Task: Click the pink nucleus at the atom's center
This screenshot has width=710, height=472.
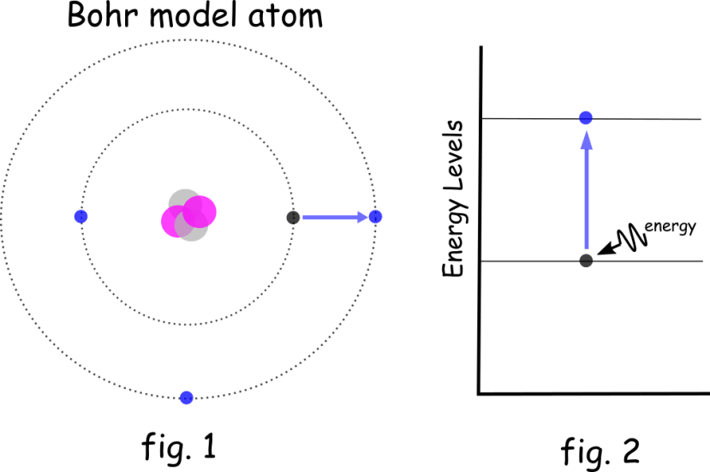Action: [x=188, y=215]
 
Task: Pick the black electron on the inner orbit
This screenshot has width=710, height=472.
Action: [x=293, y=217]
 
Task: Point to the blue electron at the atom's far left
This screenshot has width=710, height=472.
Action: [x=81, y=216]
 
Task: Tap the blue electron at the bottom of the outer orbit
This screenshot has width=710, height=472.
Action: [x=187, y=397]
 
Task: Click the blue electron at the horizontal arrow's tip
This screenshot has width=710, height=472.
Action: [x=375, y=216]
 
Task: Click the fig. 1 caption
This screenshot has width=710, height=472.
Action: [x=178, y=446]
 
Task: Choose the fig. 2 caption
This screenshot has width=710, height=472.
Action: [x=600, y=449]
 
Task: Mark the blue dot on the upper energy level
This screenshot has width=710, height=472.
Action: [x=586, y=117]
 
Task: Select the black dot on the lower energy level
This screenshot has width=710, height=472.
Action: [x=586, y=260]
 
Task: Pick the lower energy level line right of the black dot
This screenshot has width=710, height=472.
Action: [x=651, y=260]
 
